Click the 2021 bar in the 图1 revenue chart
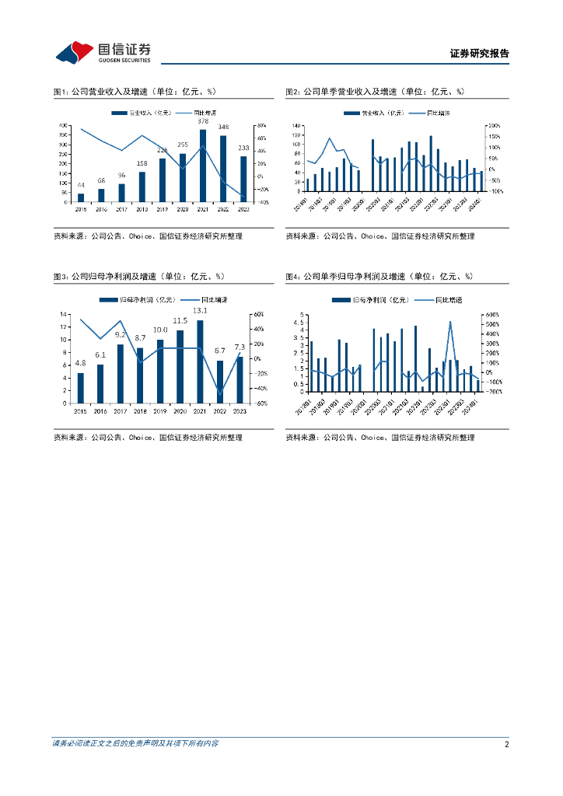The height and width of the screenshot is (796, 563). (203, 165)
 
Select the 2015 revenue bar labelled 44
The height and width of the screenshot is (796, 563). (81, 197)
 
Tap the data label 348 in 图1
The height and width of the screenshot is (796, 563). (223, 127)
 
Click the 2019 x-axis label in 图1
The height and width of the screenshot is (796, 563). (162, 209)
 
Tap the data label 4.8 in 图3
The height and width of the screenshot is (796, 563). (80, 364)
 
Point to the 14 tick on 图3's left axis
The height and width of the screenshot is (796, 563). (65, 314)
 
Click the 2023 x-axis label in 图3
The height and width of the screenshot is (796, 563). (240, 410)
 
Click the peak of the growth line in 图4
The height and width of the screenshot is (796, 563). (450, 322)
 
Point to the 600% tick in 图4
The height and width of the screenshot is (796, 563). (492, 315)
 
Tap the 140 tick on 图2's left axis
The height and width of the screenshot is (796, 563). (296, 125)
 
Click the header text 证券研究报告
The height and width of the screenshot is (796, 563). (479, 54)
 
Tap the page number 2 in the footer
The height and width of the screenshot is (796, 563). (506, 744)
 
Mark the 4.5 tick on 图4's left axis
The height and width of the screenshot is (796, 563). (297, 323)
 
